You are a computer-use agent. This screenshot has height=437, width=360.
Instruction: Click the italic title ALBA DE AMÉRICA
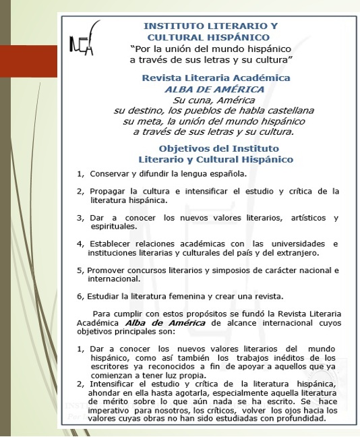[216, 88]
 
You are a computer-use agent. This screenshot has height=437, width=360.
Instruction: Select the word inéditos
[304, 357]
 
